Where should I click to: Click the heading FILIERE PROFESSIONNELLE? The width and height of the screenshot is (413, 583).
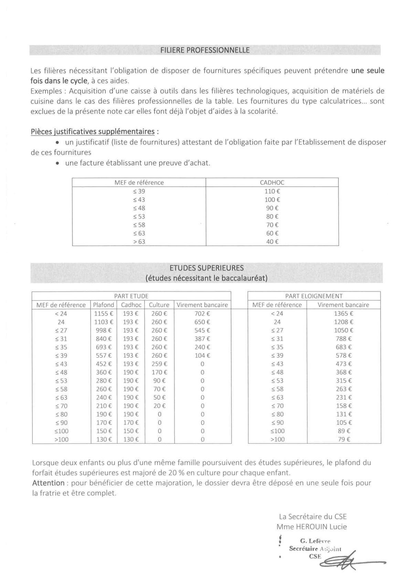click(x=205, y=50)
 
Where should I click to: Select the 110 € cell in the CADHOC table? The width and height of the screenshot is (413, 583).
click(x=272, y=191)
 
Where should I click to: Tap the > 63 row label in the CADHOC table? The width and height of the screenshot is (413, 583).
click(x=139, y=242)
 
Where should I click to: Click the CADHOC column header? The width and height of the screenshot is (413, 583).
click(x=272, y=183)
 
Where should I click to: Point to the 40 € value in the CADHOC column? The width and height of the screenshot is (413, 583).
click(x=272, y=242)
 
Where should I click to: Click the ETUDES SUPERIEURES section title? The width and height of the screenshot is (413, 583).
click(x=206, y=268)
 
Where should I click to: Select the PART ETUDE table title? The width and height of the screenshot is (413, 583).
click(x=131, y=296)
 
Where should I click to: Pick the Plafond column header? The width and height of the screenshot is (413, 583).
click(x=104, y=305)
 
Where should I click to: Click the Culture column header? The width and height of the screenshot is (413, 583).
click(x=159, y=305)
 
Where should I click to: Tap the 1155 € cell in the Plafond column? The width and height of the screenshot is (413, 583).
click(x=104, y=314)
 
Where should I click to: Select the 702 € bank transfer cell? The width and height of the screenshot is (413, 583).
click(x=202, y=314)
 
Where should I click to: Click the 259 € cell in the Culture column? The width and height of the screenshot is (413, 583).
click(x=159, y=364)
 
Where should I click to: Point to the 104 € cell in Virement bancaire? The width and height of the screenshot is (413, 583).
click(x=202, y=356)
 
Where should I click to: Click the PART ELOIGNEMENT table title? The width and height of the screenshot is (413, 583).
click(x=314, y=296)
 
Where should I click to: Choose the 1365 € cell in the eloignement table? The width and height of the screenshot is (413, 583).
click(x=343, y=314)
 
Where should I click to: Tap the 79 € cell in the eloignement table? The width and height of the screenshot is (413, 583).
click(x=343, y=439)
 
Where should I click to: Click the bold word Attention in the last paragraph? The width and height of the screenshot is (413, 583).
click(x=48, y=483)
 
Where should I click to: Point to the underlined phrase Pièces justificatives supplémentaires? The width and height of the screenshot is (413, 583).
click(x=93, y=132)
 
